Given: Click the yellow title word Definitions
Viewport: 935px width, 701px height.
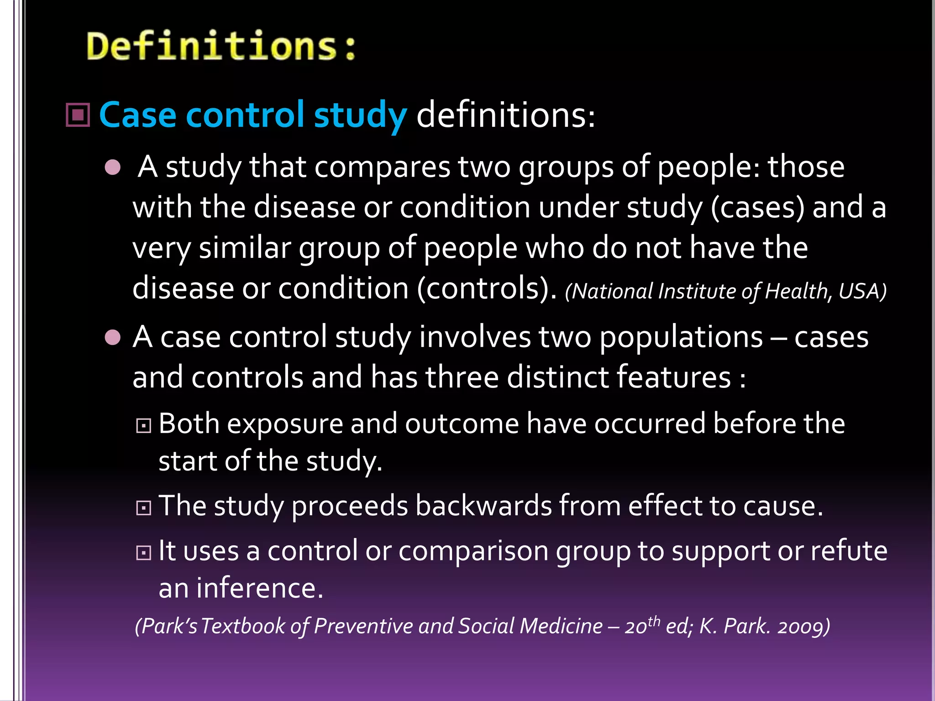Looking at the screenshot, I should click(x=221, y=46).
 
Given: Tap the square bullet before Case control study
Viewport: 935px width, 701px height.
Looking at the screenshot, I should click(x=78, y=115).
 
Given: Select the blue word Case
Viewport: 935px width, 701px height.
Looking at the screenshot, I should click(x=137, y=115).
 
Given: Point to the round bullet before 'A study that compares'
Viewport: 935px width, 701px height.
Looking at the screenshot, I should click(x=112, y=167).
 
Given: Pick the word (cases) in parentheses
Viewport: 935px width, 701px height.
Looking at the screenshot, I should click(x=757, y=208).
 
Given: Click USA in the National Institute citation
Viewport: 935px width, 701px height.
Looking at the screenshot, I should click(x=862, y=291).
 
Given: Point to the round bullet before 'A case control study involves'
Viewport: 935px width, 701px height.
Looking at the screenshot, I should click(x=112, y=338).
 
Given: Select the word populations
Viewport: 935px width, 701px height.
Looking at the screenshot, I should click(x=681, y=338).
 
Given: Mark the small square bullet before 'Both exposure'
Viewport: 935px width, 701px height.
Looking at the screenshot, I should click(x=144, y=426).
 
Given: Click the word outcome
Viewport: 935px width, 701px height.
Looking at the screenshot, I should click(x=462, y=424).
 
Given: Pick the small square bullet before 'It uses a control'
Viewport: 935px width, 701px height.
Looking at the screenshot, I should click(x=144, y=553).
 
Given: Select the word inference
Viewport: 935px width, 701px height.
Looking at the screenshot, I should click(x=259, y=588).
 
